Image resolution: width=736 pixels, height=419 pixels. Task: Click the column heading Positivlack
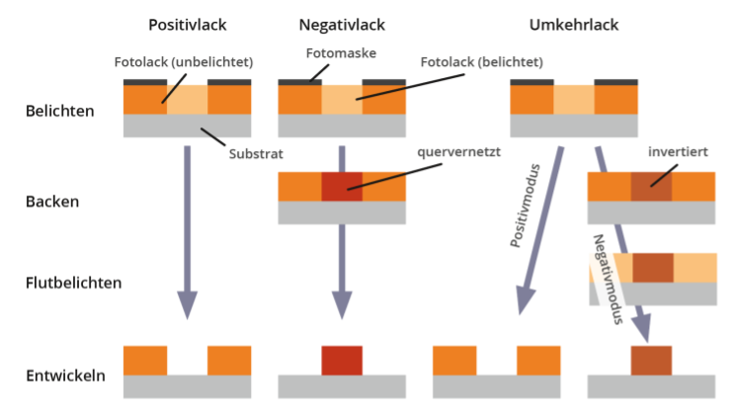[x=188, y=24]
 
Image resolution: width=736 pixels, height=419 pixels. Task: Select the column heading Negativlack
[x=342, y=24]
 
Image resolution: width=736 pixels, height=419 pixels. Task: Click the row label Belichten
[x=60, y=110]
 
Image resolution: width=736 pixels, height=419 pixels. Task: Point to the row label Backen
[x=51, y=202]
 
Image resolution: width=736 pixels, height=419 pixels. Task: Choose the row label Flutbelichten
[x=74, y=283]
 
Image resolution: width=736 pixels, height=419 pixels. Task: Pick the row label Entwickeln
[x=66, y=377]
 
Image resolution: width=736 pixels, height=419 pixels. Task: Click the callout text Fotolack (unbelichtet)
[x=184, y=62]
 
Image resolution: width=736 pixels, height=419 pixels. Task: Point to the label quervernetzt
[x=458, y=153]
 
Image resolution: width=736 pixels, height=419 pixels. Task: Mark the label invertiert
[x=678, y=153]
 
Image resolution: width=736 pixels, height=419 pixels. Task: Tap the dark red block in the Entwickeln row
[x=342, y=361]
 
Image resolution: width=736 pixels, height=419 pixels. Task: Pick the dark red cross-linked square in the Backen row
[x=342, y=187]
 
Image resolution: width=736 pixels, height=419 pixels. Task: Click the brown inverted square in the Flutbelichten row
[x=653, y=268]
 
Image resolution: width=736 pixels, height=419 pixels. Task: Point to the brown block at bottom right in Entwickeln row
[x=652, y=360]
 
